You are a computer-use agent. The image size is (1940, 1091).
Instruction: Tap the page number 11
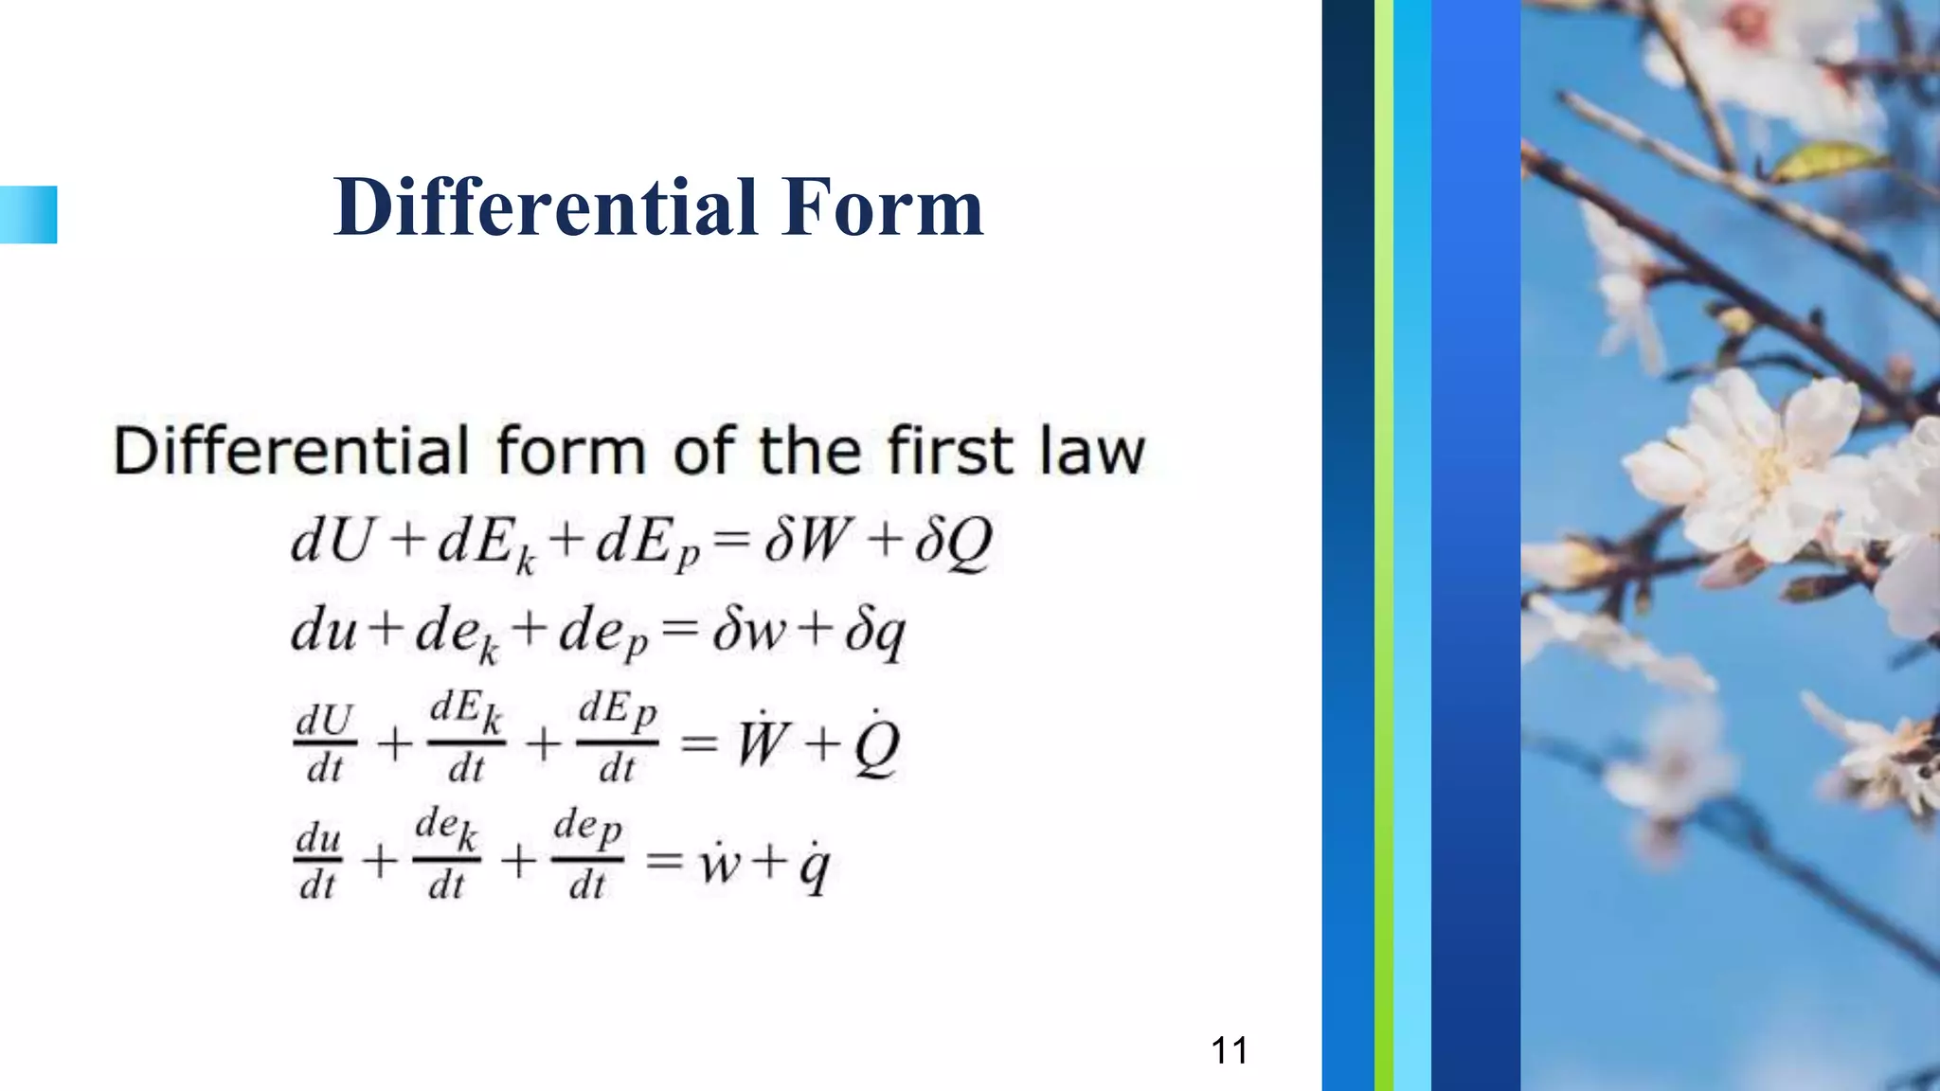pos(1229,1050)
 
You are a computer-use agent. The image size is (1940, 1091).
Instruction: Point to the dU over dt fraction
pos(324,743)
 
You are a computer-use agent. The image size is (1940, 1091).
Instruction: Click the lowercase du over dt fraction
pos(318,860)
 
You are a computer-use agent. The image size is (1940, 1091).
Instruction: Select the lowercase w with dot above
pos(720,862)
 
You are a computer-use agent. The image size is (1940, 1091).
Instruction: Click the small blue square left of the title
pos(28,215)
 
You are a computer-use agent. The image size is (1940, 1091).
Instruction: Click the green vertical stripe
pos(1384,545)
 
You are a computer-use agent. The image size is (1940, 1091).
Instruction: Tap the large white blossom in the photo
pos(1752,464)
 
